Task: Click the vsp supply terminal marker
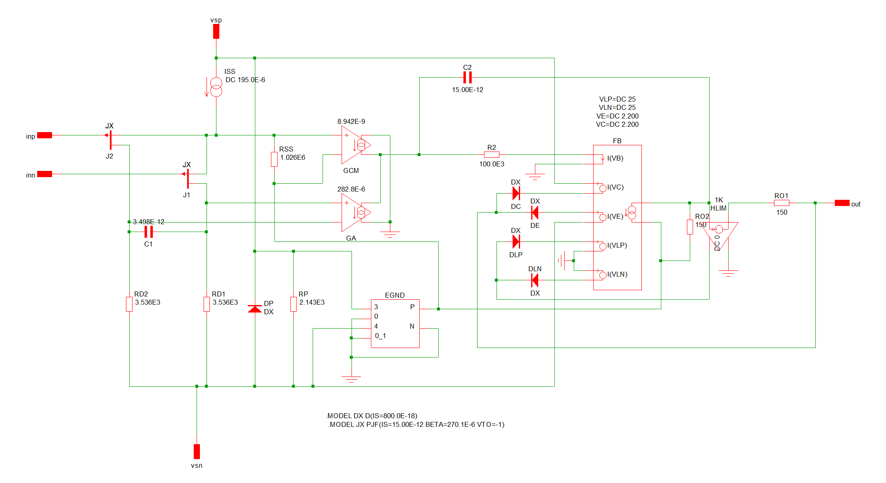coord(216,31)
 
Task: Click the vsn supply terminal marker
coord(197,451)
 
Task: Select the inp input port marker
coord(44,135)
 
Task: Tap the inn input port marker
coord(44,174)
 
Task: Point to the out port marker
coord(842,203)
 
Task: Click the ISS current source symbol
coord(216,87)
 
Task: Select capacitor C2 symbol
coord(467,78)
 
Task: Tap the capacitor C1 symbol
coord(149,232)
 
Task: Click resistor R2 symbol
coord(492,155)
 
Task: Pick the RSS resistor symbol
coord(274,159)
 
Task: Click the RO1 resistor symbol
coord(781,203)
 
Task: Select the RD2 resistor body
coord(129,304)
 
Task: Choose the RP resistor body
coord(293,304)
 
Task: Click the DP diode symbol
coord(255,309)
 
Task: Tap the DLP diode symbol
coord(516,241)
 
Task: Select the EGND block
coord(395,323)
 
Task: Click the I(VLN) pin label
coord(617,275)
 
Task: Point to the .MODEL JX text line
coord(416,424)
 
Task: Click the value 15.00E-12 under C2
coord(467,90)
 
